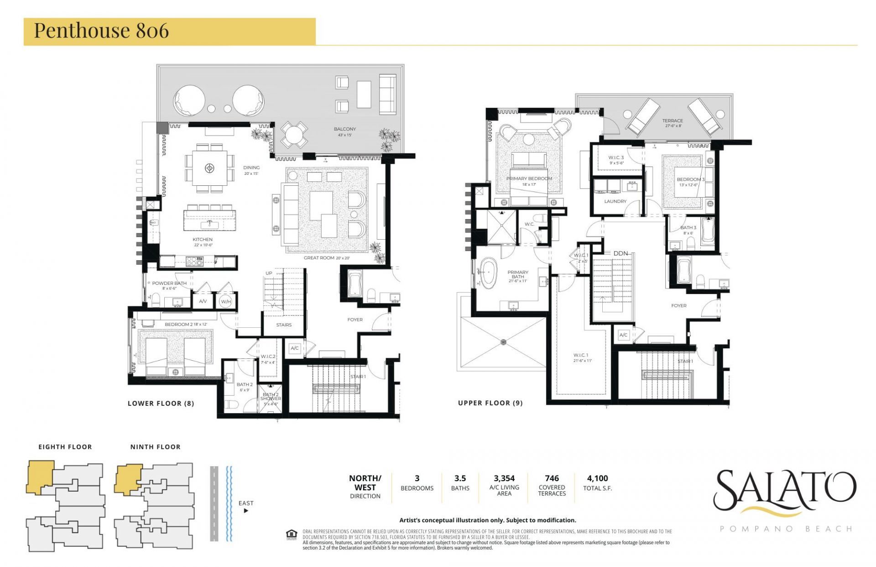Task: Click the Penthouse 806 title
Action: [x=101, y=31]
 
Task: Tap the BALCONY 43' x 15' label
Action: [x=344, y=131]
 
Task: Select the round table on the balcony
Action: [x=294, y=135]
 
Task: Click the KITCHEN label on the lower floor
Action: [x=203, y=240]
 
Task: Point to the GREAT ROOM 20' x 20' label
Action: [x=327, y=258]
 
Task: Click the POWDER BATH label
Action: [x=169, y=283]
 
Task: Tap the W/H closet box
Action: [x=226, y=301]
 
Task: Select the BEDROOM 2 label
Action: [x=186, y=324]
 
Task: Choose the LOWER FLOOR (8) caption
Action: [x=161, y=403]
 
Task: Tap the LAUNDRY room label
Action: [x=615, y=201]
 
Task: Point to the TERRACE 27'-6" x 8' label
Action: [x=673, y=123]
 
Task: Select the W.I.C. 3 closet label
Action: [x=616, y=160]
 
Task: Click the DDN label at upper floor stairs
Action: [x=620, y=253]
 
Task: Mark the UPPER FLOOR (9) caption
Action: [x=490, y=403]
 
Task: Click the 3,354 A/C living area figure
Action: [x=504, y=478]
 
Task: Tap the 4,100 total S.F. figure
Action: [x=597, y=478]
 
